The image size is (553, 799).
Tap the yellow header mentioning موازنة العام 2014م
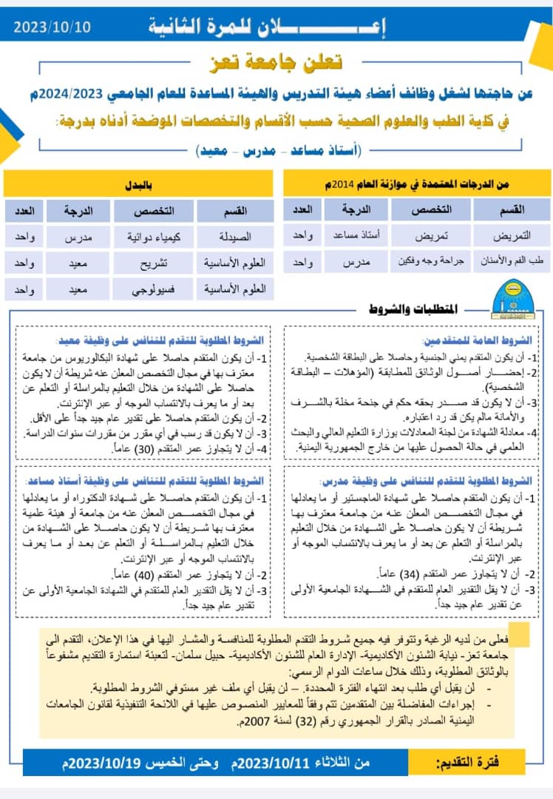(418, 183)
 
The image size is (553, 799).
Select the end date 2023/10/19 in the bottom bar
(106, 762)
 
